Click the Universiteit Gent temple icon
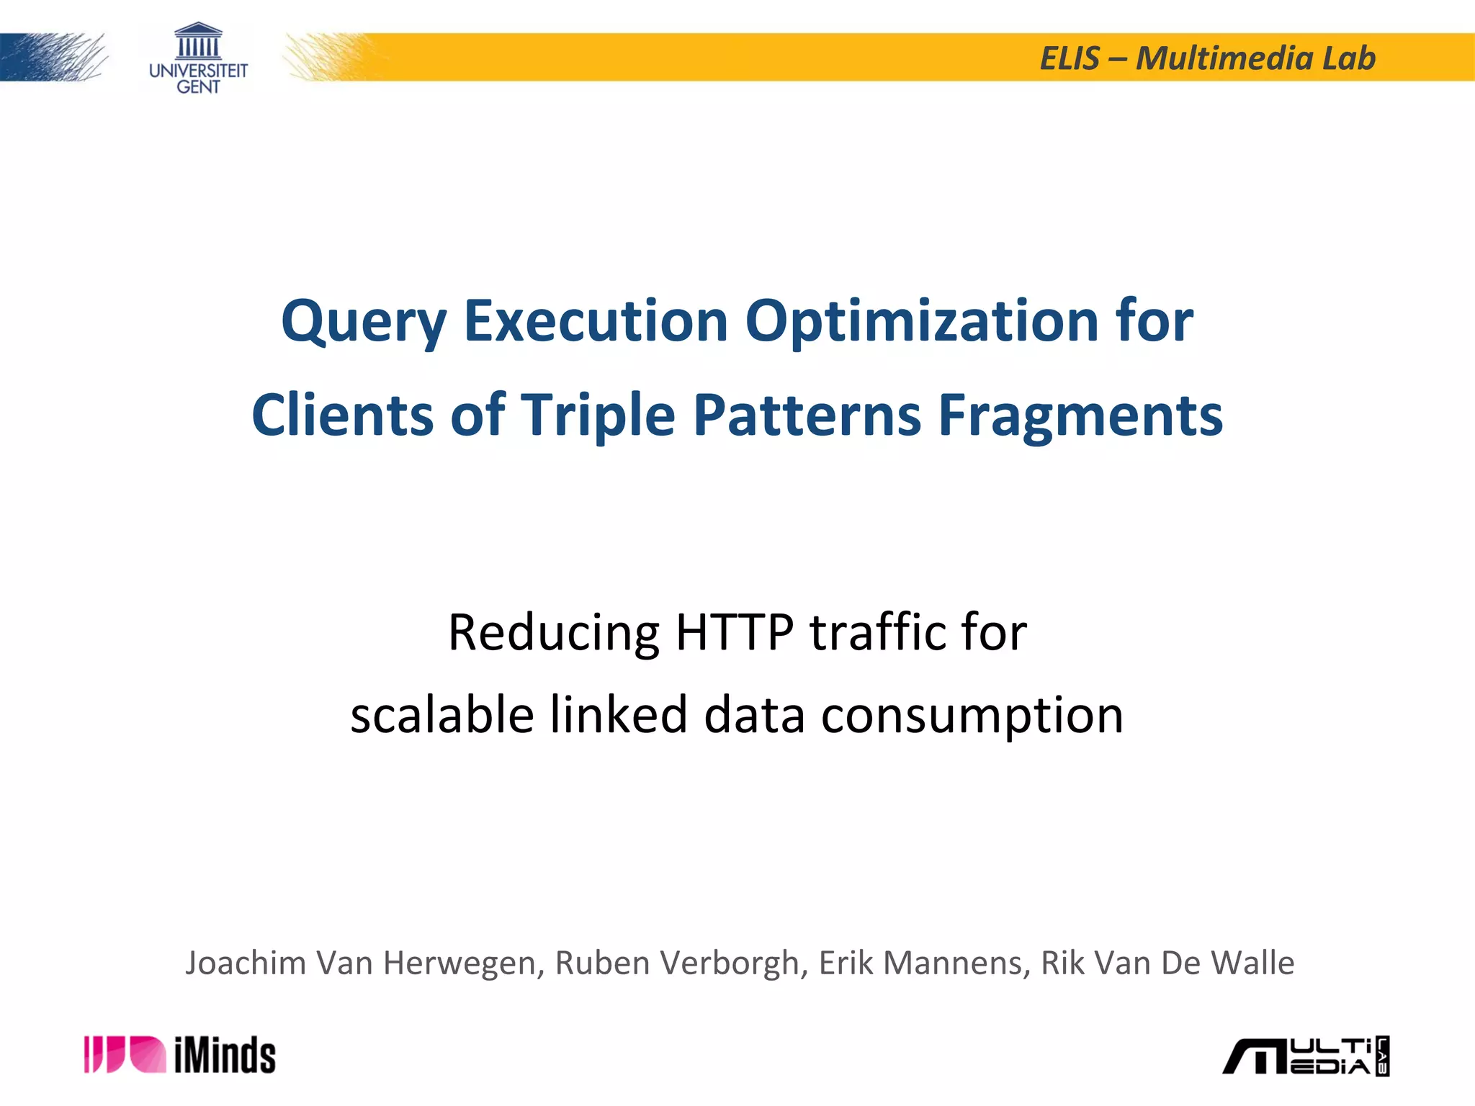(x=198, y=41)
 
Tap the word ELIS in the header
(x=1070, y=58)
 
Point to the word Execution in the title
(x=596, y=320)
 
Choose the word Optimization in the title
(x=921, y=320)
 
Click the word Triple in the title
(x=598, y=415)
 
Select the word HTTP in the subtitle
(x=734, y=632)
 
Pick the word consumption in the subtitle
(x=972, y=716)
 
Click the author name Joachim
(x=246, y=963)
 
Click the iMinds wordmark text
(x=225, y=1056)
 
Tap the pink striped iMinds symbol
(x=125, y=1055)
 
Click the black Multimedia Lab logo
(x=1306, y=1056)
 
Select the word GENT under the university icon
(x=198, y=87)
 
